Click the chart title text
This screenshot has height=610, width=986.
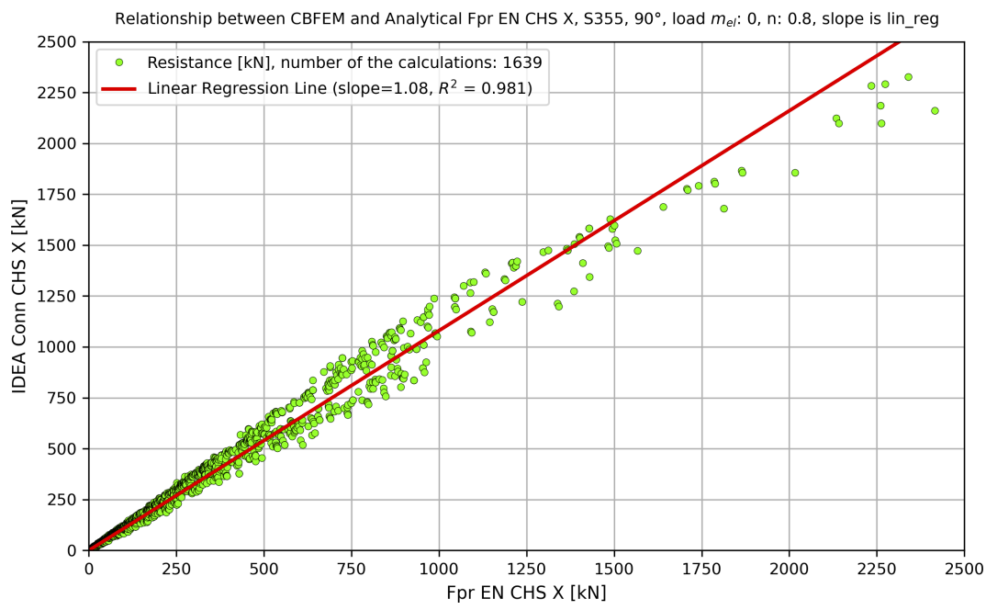click(x=526, y=19)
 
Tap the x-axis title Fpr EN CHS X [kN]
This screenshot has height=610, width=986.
click(x=526, y=593)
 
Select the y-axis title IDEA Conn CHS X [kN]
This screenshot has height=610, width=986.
click(x=20, y=296)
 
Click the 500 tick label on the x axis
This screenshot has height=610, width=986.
click(x=263, y=567)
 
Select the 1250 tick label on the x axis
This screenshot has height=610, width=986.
click(x=526, y=567)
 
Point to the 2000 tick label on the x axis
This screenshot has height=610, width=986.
click(x=789, y=567)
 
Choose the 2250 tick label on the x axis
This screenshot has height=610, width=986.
click(x=876, y=567)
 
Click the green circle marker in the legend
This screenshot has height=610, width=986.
click(x=118, y=62)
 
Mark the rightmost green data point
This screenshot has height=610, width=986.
click(x=935, y=110)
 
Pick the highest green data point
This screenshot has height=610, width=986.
click(x=908, y=77)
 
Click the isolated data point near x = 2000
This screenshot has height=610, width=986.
click(x=795, y=173)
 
